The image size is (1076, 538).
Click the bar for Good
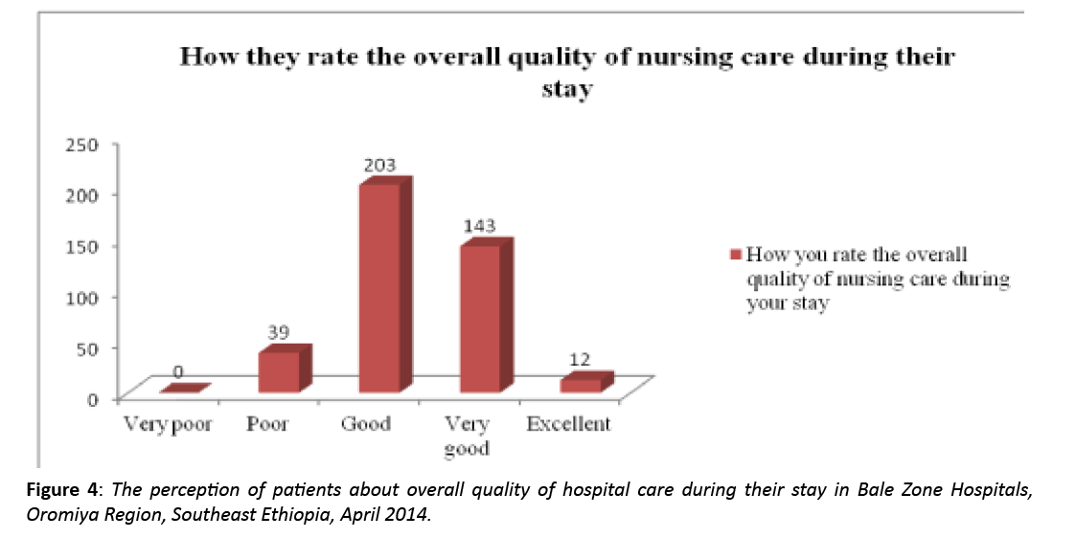click(379, 287)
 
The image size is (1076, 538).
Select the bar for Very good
click(480, 318)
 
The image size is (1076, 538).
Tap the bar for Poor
click(279, 371)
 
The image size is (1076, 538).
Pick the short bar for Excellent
click(581, 384)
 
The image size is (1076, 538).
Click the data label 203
click(378, 165)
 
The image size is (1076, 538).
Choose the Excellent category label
click(568, 423)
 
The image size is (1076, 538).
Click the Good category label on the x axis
click(366, 423)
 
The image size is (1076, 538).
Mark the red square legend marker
click(736, 256)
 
